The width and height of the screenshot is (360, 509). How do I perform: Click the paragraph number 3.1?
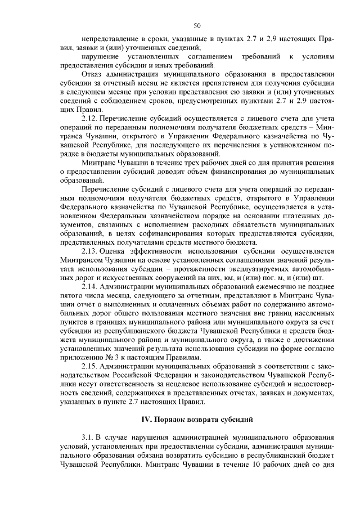tap(89, 437)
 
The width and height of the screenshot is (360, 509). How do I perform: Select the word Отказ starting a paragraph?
tap(92, 74)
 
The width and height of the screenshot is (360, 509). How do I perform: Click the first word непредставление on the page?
tap(111, 39)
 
